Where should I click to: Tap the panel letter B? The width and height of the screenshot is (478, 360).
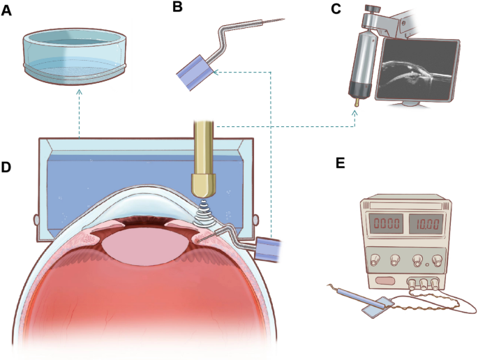(x=177, y=8)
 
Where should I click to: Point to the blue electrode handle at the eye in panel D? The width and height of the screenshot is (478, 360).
(x=269, y=248)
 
